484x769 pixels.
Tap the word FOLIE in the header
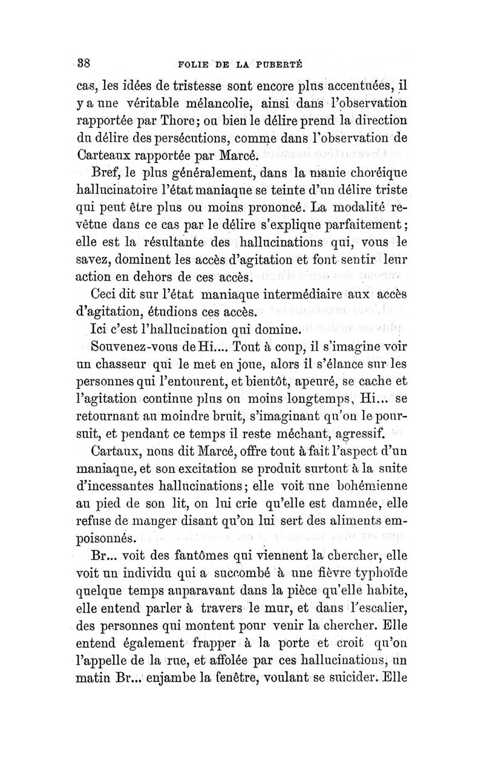(193, 63)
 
